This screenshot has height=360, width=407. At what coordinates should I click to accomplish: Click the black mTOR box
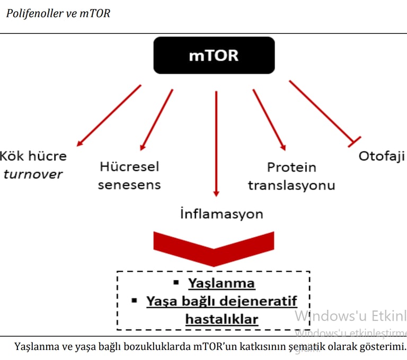pos(214,56)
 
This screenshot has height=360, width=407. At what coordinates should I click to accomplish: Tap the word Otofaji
pos(382,156)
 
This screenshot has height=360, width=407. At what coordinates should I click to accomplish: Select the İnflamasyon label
pos(222,214)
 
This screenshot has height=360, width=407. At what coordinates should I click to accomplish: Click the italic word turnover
pos(33,174)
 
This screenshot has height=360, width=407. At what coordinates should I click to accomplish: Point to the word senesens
pos(129,185)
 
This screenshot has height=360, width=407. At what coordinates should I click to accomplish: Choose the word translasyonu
pos(291,185)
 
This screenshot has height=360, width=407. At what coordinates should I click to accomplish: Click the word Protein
pos(291,167)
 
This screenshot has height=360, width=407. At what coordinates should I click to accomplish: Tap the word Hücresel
pos(129,167)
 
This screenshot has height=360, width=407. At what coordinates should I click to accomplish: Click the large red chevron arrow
pos(214,247)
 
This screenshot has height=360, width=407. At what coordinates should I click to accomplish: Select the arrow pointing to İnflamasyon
pos(216,143)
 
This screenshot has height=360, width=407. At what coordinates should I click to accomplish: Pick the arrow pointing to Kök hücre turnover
pos(109,115)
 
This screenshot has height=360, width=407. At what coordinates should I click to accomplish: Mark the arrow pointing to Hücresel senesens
pos(157,120)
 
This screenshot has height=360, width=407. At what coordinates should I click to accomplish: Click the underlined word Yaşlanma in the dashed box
pos(222,283)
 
